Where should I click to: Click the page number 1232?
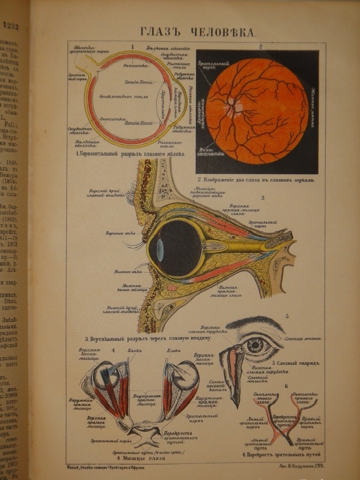click(x=10, y=26)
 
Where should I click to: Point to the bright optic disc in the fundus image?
click(x=231, y=102)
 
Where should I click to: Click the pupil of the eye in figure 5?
click(x=254, y=345)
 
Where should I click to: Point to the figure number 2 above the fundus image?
click(x=261, y=46)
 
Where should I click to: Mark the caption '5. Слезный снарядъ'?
click(x=296, y=362)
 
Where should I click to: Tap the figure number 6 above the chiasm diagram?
click(x=286, y=386)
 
